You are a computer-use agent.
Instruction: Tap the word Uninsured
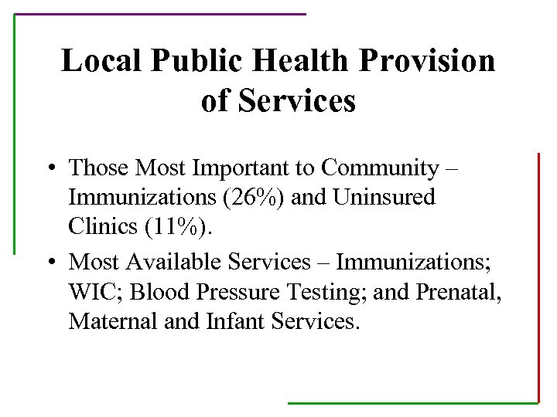point(384,197)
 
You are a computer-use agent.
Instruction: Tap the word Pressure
point(232,291)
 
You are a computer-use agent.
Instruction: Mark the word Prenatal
point(454,291)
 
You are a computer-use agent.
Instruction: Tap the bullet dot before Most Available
point(49,263)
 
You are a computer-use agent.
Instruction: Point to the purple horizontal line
point(160,14)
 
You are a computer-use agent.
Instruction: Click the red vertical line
point(538,278)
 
